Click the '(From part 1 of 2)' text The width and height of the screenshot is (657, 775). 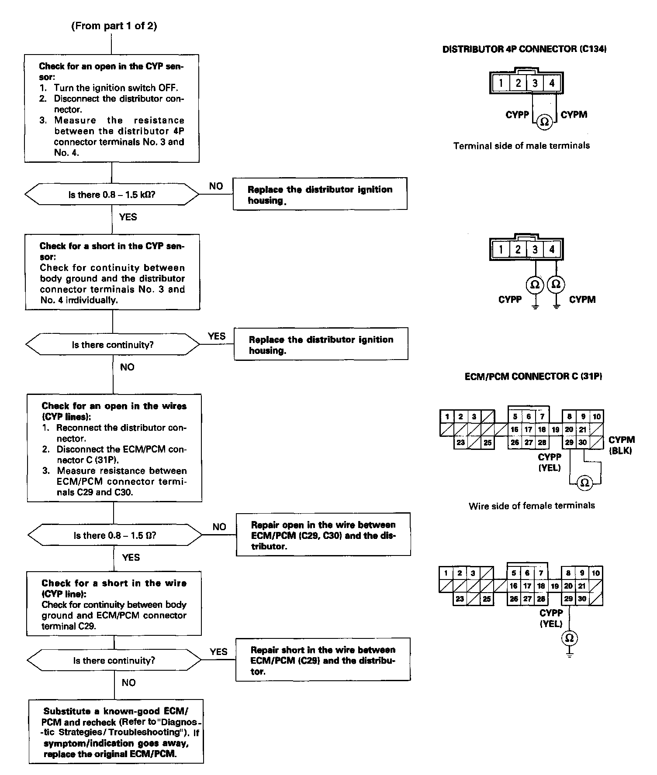pos(114,26)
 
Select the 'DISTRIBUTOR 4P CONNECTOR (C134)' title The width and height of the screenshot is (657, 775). pos(524,49)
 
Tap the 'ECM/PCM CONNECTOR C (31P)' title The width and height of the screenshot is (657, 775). pos(533,376)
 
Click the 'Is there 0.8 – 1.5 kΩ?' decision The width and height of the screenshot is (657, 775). pos(112,195)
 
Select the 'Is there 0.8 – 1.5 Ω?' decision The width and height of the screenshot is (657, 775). pos(114,535)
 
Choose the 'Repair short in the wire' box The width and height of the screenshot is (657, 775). pos(323,661)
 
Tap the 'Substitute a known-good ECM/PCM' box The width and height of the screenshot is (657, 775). pos(116,737)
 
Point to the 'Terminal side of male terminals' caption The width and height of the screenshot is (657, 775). pos(522,146)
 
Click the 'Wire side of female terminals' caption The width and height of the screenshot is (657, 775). pos(532,506)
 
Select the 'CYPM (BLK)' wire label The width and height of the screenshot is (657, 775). pos(621,445)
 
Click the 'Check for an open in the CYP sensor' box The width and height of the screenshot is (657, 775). pos(112,109)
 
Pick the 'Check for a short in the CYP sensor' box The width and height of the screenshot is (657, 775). pos(112,272)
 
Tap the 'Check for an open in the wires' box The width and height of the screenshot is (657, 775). pos(114,448)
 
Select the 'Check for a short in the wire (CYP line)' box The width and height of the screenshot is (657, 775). pos(114,604)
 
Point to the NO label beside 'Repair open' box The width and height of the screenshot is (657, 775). pos(219,527)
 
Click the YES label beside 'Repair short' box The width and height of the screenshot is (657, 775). pos(218,652)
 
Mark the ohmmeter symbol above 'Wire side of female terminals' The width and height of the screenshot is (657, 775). pos(584,483)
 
